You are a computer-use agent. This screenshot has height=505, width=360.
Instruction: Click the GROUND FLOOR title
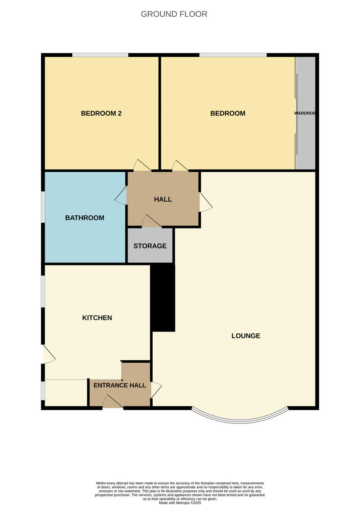coord(174,14)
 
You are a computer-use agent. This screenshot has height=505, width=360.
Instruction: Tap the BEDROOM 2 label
coord(101,113)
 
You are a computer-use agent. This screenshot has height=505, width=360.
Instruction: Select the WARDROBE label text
coord(305,113)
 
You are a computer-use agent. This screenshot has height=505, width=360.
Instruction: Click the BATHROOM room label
coord(85,218)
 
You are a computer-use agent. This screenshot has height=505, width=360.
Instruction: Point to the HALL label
coord(163,199)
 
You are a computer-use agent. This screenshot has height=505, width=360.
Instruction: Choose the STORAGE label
coord(150,246)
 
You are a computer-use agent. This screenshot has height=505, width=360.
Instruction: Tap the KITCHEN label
coord(97,318)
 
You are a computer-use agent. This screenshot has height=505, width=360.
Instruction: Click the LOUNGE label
coord(246,336)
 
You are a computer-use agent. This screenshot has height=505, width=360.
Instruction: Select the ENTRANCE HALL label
coord(120,385)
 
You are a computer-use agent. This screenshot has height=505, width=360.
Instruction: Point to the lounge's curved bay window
coord(240,418)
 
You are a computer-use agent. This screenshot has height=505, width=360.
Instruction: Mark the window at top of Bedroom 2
coord(100,55)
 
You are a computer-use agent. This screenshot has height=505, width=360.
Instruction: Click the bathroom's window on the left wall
coord(43,207)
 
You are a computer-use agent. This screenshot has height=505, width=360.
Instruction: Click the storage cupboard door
coord(151,222)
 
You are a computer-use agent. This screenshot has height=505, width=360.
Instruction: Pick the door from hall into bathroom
coord(122,196)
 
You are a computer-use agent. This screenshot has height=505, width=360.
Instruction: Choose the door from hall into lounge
coord(205,202)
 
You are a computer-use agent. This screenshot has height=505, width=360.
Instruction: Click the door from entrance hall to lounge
coord(155,390)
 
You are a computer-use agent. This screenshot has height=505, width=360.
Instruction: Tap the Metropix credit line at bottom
coord(180,502)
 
